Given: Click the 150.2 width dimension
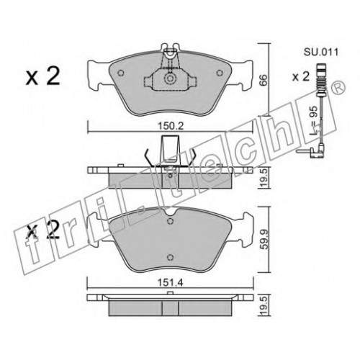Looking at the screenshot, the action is pyautogui.click(x=171, y=126).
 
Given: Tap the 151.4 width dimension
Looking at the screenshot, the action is pyautogui.click(x=171, y=283).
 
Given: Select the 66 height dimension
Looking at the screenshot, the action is pyautogui.click(x=264, y=80).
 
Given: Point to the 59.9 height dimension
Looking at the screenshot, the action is pyautogui.click(x=264, y=239).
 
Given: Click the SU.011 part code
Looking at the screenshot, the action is pyautogui.click(x=321, y=52).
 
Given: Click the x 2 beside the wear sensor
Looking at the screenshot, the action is pyautogui.click(x=301, y=77).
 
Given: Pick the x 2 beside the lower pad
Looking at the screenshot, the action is pyautogui.click(x=42, y=230).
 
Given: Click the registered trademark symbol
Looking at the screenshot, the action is pyautogui.click(x=338, y=88).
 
